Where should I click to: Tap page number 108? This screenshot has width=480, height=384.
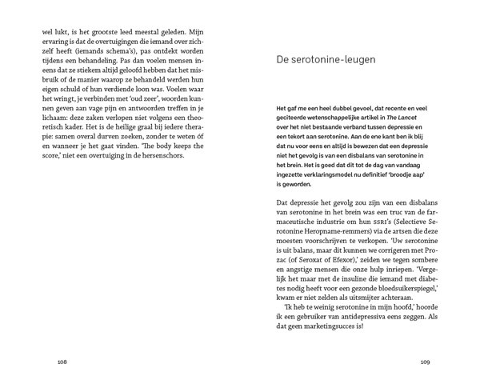coord(62,361)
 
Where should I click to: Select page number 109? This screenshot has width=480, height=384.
coord(426,361)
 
